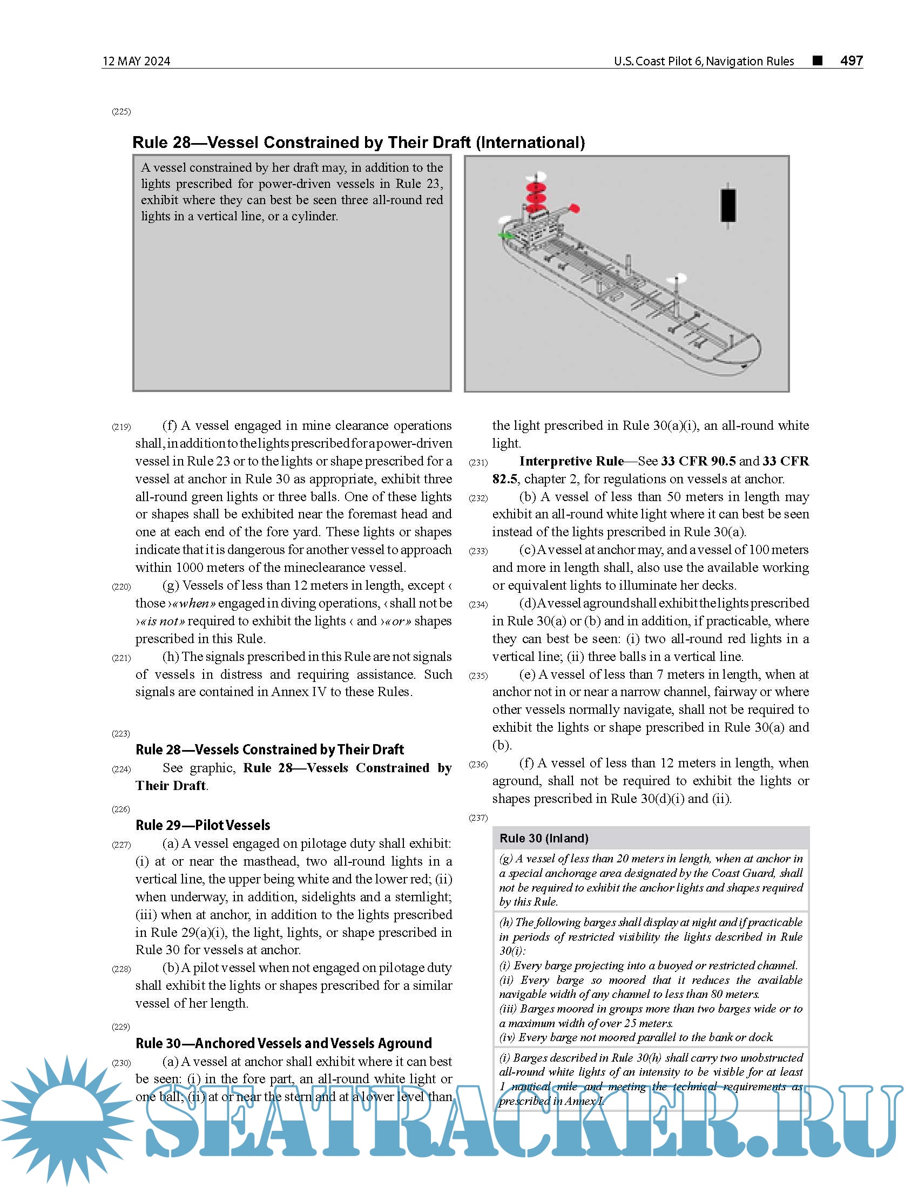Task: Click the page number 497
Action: [x=851, y=60]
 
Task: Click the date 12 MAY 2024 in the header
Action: [x=136, y=61]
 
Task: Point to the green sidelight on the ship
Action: [x=507, y=235]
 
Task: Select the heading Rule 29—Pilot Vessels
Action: [x=202, y=825]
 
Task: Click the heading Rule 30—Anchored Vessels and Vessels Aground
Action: [x=283, y=1043]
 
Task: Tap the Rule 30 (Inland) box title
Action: [x=544, y=838]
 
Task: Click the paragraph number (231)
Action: [x=478, y=462]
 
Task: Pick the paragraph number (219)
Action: [x=122, y=427]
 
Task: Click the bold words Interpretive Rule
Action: [x=571, y=461]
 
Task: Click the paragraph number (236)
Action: [x=478, y=764]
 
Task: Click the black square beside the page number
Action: [x=817, y=60]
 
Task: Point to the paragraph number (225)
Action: [x=122, y=112]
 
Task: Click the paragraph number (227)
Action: [x=122, y=845]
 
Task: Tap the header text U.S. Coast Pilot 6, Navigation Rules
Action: [x=704, y=61]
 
